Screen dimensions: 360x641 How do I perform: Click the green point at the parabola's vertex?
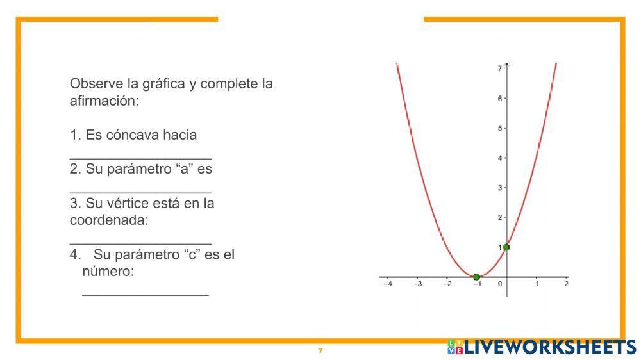[x=476, y=277]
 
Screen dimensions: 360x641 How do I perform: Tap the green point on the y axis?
[x=506, y=247]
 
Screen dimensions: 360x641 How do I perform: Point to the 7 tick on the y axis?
[x=500, y=68]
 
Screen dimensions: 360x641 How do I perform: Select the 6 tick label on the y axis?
[x=500, y=98]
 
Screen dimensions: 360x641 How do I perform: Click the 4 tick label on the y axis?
[x=500, y=158]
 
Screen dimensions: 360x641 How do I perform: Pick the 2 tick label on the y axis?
[x=500, y=218]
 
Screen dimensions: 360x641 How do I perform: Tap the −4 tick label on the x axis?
[x=387, y=284]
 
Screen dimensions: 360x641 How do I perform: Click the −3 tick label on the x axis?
[x=417, y=284]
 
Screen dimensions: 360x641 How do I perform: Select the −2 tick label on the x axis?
[x=447, y=284]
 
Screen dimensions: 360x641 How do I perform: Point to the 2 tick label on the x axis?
[x=567, y=284]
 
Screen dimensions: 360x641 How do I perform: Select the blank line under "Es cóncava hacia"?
[x=140, y=158]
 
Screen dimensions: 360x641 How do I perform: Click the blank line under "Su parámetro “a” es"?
[x=140, y=192]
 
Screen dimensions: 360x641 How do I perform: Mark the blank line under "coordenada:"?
[x=140, y=243]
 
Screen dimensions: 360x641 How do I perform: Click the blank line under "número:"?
[x=146, y=295]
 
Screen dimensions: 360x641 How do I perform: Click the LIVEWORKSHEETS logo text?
[x=549, y=347]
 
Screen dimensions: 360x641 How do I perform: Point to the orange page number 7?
[x=320, y=351]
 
